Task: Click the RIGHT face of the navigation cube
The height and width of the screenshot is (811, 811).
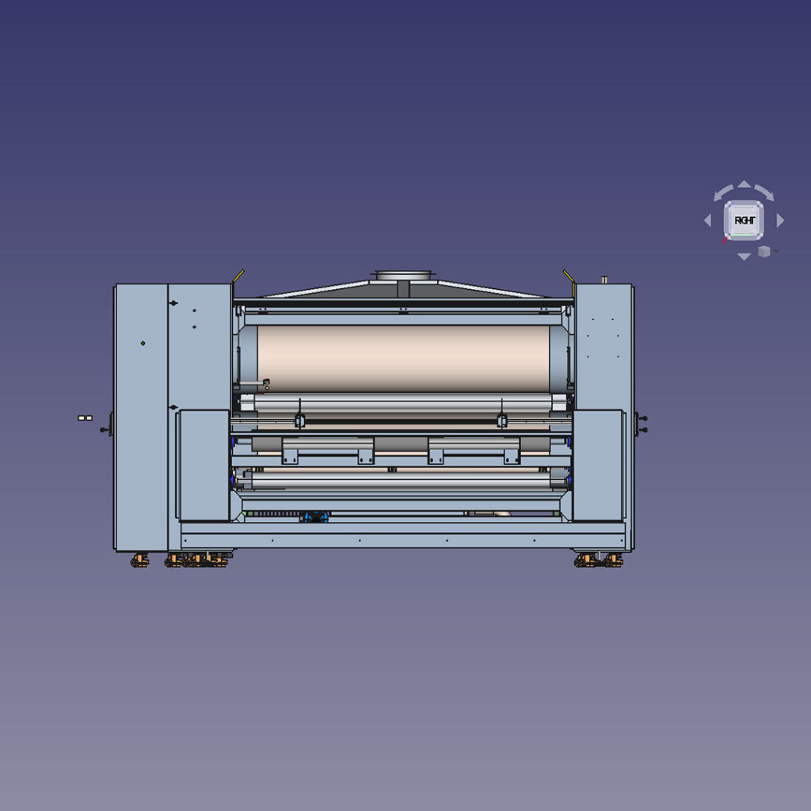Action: (x=744, y=220)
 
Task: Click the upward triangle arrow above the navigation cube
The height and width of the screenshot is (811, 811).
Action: (x=744, y=185)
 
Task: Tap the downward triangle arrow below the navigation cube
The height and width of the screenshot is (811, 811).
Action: (x=744, y=257)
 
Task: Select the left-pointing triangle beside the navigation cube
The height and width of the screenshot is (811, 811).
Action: (x=708, y=221)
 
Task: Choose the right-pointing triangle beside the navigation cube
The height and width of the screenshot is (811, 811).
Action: (x=780, y=221)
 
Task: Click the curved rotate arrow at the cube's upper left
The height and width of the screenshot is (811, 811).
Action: (x=723, y=192)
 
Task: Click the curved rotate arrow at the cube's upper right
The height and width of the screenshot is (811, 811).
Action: (x=764, y=192)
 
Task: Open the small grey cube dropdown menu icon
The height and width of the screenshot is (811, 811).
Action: (x=764, y=251)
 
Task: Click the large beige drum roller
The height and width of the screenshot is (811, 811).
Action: (x=404, y=358)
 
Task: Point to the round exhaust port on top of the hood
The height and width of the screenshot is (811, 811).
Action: (x=404, y=276)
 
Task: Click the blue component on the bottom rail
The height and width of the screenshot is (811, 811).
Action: (x=316, y=516)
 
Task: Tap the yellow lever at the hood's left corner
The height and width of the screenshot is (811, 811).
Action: (x=238, y=276)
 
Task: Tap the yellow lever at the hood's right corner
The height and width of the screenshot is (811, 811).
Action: (x=569, y=276)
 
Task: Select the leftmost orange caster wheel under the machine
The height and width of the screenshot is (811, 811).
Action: (x=140, y=561)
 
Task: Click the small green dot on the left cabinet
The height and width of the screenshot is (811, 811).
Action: (x=143, y=343)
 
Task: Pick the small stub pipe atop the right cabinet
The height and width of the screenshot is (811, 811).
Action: (x=604, y=280)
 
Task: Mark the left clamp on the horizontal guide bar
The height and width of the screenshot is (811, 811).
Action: (x=299, y=420)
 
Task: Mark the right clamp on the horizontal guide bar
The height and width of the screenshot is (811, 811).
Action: (x=501, y=420)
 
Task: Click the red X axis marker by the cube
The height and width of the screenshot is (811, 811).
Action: (x=725, y=238)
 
